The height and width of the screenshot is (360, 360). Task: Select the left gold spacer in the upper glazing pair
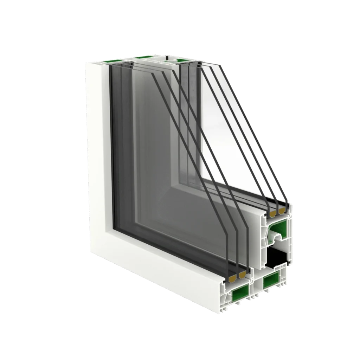pos(272,213)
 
